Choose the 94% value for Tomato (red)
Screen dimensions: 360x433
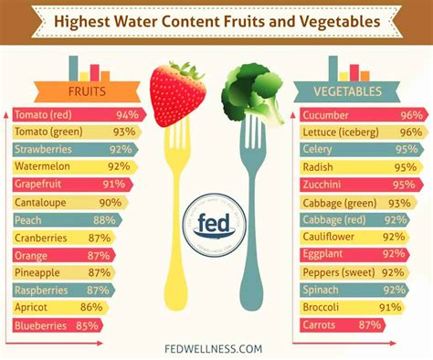tap(126, 115)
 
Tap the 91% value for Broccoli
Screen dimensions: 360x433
tap(390, 306)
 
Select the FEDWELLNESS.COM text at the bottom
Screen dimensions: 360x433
tap(216, 348)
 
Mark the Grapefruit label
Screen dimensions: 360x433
tap(44, 185)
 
